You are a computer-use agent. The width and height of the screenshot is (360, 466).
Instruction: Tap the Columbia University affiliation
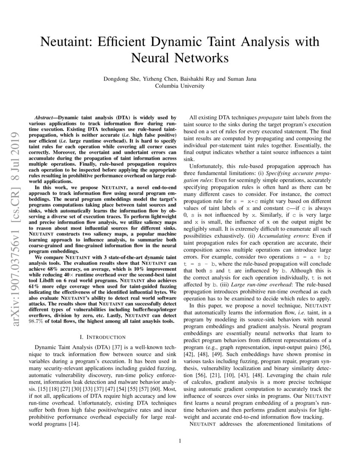pyautogui.click(x=180, y=86)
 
